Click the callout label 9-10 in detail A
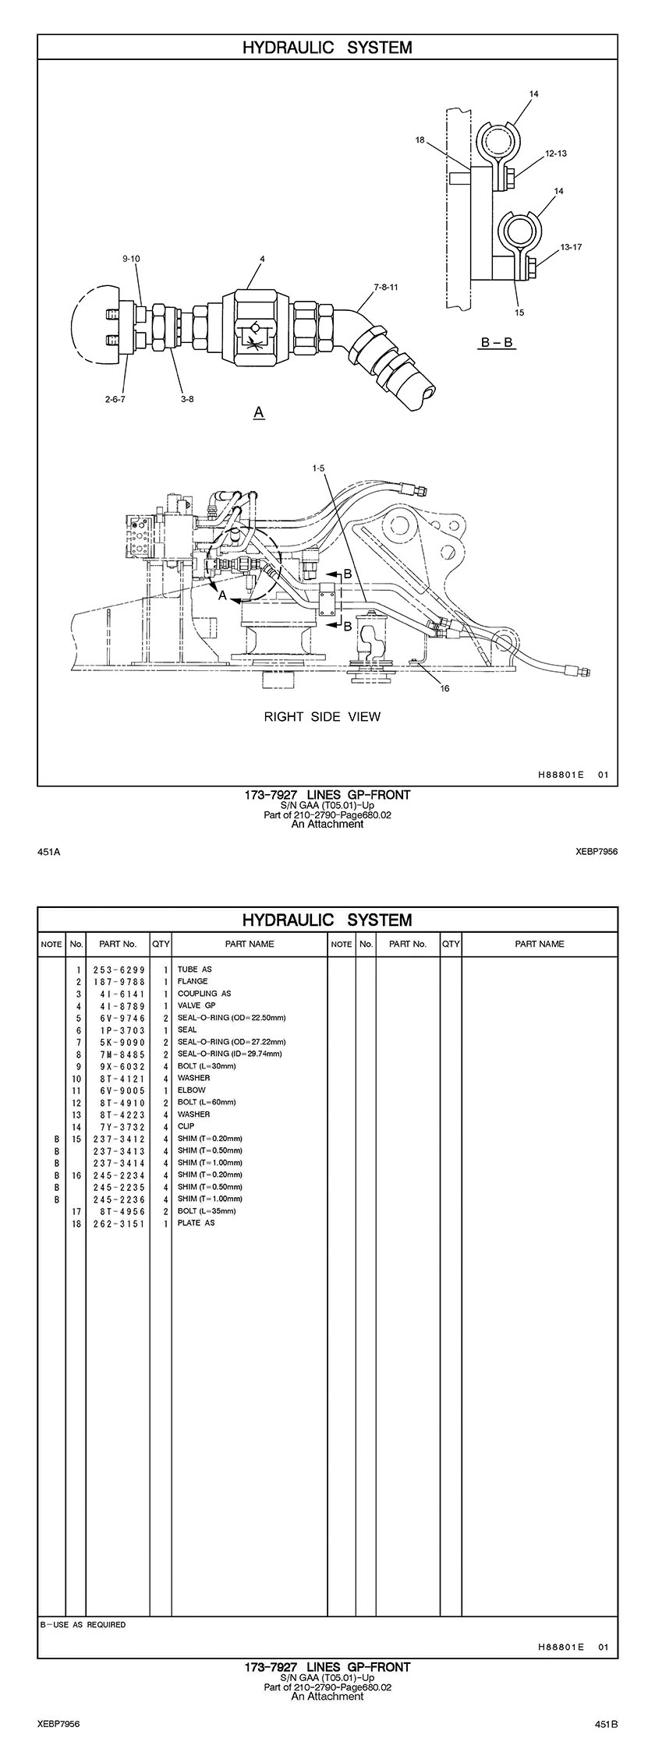coord(130,258)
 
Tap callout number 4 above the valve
coord(263,258)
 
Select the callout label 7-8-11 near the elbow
coord(386,287)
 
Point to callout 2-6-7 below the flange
coord(115,399)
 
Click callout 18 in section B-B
coord(420,141)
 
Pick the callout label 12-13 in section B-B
coord(556,154)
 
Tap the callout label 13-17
coord(571,247)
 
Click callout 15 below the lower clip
coord(520,313)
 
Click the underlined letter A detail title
coord(259,411)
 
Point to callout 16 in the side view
coord(444,688)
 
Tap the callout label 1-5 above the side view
coord(319,468)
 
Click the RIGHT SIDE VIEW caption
coord(322,716)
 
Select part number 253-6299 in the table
coord(119,970)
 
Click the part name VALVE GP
coord(196,1005)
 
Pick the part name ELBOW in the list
coord(192,1090)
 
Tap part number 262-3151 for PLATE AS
coord(119,1223)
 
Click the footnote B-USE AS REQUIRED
coord(83,1625)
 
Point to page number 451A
coord(49,853)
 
